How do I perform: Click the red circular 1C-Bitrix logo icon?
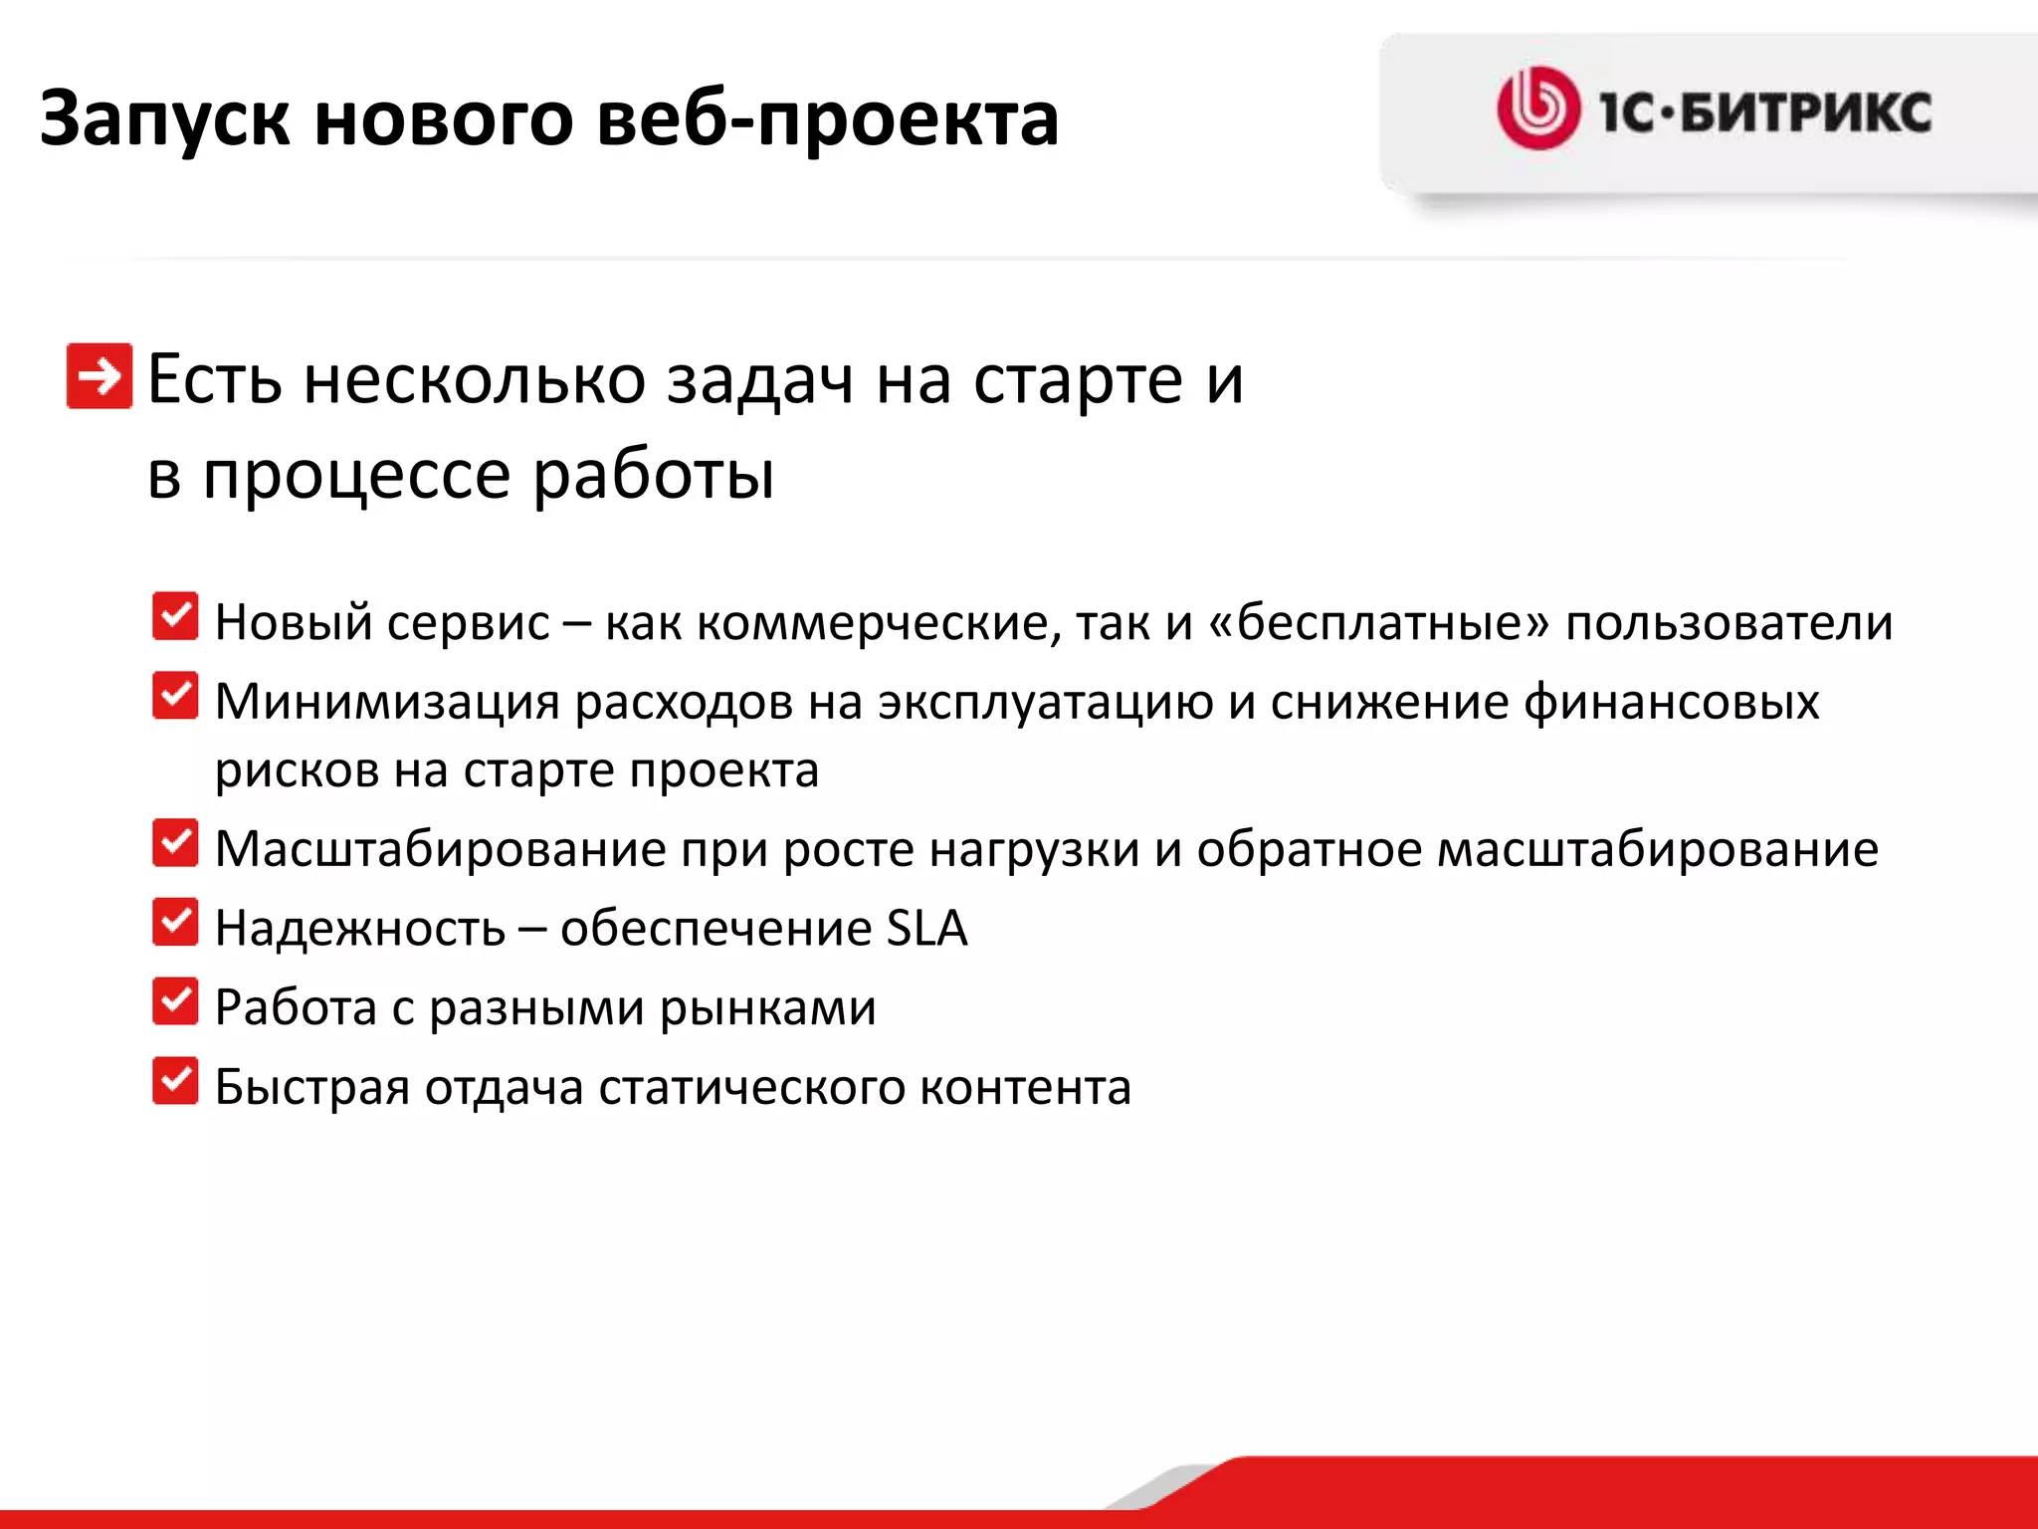1537,109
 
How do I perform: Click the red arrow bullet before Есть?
99,376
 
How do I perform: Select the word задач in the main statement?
759,380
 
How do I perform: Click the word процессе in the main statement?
357,475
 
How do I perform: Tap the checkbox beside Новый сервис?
175,616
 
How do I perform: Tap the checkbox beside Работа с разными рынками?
175,1001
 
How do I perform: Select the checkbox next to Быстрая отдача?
175,1081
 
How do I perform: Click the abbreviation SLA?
926,928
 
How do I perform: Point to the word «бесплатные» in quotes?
1379,623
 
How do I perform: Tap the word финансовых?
1671,703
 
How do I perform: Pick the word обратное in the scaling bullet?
1309,849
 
